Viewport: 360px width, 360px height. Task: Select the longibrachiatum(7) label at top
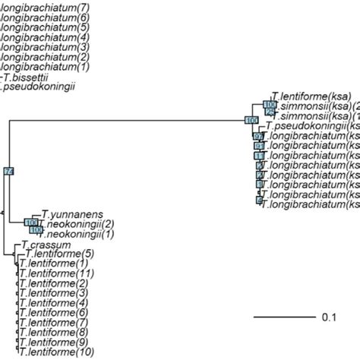45,6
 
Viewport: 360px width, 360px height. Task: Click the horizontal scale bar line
283,316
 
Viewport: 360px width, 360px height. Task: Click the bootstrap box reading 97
258,136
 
